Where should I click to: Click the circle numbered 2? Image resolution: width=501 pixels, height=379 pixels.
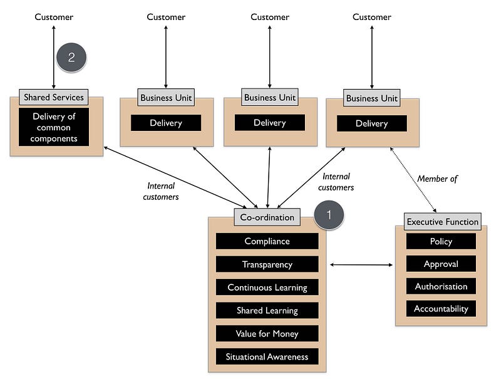click(71, 58)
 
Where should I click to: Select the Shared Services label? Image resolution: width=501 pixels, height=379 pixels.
click(53, 97)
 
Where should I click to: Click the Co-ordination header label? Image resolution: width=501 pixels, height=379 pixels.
click(267, 217)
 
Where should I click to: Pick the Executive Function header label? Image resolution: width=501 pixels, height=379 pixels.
click(442, 221)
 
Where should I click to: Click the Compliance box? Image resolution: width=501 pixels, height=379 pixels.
click(267, 241)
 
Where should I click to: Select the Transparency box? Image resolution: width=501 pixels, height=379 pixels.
click(267, 264)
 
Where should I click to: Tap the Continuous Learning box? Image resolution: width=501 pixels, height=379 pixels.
click(267, 288)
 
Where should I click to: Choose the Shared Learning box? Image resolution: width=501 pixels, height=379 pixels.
click(267, 311)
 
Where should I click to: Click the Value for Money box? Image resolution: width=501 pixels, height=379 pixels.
click(267, 334)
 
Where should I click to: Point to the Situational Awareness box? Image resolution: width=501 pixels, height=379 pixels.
click(267, 357)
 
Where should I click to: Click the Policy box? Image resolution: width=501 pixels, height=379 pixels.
click(441, 241)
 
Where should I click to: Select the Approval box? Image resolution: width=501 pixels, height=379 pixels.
click(441, 264)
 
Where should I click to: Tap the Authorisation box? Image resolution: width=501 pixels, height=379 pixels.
click(441, 286)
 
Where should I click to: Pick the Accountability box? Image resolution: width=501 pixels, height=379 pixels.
click(441, 309)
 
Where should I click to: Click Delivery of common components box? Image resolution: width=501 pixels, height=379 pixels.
click(54, 127)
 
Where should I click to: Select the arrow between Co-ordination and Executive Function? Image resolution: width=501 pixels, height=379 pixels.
click(361, 265)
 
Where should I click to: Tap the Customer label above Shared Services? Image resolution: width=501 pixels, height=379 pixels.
click(54, 17)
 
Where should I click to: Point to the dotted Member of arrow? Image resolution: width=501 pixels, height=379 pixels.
click(413, 181)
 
